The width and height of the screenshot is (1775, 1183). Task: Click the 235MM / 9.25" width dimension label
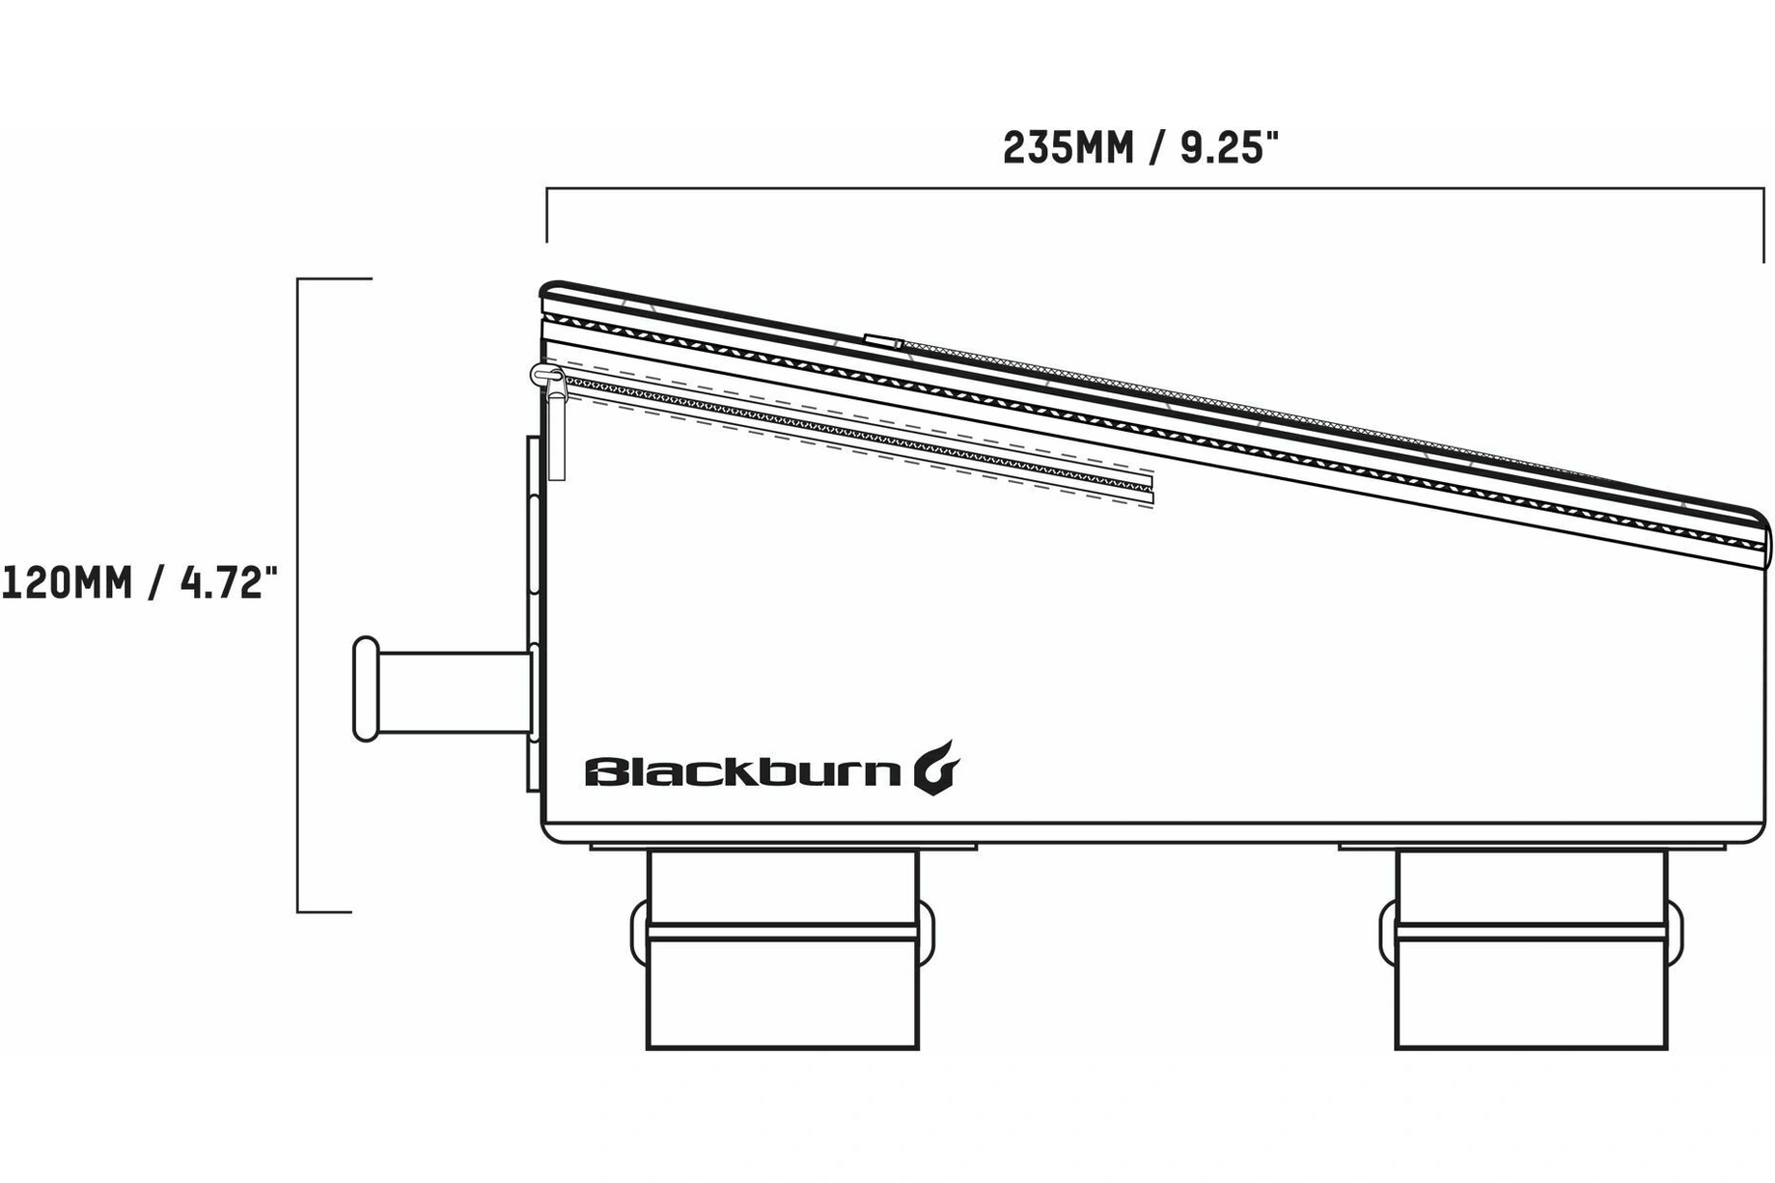(1140, 149)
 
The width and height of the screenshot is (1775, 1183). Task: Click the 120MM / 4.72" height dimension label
(139, 584)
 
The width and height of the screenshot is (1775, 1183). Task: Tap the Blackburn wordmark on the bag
(743, 771)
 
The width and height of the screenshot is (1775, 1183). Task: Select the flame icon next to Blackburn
(936, 767)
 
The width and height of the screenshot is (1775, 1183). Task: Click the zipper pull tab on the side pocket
(555, 423)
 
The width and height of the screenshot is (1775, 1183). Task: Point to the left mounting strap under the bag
(783, 948)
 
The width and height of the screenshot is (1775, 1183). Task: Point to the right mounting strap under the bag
(1531, 948)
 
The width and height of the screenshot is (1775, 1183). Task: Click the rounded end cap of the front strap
(366, 689)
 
